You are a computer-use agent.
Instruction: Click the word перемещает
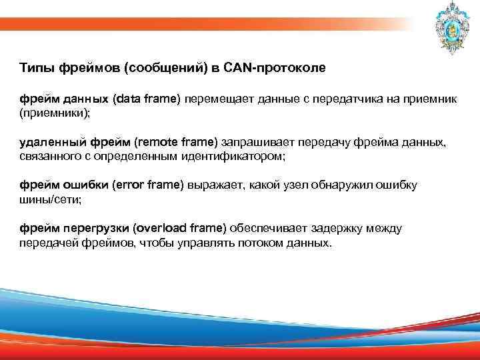tap(213, 99)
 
